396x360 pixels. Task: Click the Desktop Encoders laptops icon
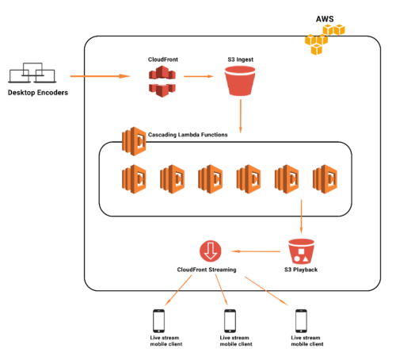click(32, 73)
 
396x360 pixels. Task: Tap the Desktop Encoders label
click(38, 93)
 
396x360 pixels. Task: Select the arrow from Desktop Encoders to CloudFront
click(100, 76)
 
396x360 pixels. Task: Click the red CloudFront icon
click(162, 82)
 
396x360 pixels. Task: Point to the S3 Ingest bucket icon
click(240, 81)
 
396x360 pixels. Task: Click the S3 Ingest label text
click(241, 59)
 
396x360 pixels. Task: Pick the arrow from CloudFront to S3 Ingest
click(199, 76)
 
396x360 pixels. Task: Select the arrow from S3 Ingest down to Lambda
click(241, 117)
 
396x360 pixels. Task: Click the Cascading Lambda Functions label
click(188, 135)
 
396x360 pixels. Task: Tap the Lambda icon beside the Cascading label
click(134, 141)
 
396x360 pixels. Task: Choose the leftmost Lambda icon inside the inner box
click(134, 179)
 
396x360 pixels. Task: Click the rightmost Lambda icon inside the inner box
click(325, 179)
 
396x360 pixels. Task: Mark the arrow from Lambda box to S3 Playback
click(301, 216)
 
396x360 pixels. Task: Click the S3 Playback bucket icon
click(301, 251)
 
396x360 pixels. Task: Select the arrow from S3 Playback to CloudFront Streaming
click(256, 251)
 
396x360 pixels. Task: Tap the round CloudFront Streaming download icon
click(211, 251)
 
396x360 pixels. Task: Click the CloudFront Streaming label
click(207, 270)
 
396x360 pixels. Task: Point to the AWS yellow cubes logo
click(325, 40)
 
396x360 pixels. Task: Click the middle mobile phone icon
click(230, 321)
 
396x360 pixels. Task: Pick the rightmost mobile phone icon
click(301, 321)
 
